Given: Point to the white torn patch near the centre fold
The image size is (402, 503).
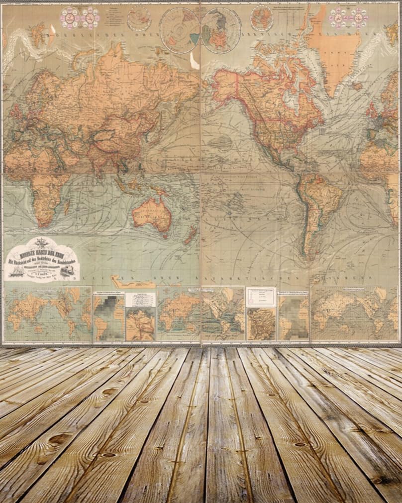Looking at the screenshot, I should point(194,61).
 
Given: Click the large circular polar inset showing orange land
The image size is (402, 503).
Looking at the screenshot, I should point(221,30).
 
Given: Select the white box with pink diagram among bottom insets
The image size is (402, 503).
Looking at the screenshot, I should point(260,297).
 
